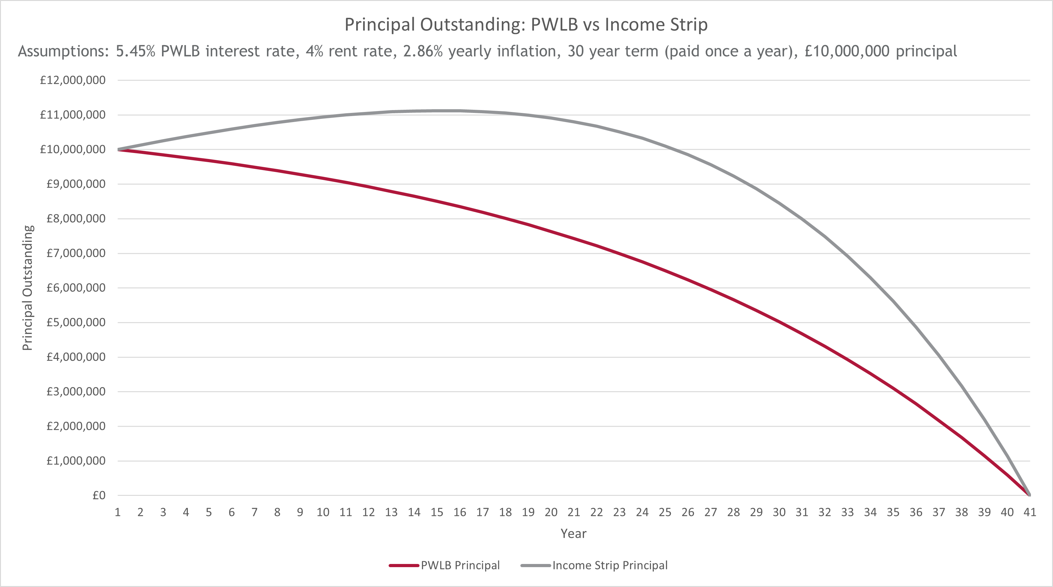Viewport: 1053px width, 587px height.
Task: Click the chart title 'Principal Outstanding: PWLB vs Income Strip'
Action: [526, 25]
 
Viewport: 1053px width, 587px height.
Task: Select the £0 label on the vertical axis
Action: [99, 496]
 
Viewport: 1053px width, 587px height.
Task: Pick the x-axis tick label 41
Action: [1030, 512]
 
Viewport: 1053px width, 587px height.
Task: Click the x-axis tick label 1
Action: [118, 512]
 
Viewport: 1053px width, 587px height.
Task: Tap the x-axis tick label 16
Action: [460, 512]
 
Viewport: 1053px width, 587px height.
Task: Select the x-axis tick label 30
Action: [779, 512]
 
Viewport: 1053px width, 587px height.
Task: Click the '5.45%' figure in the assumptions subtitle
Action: [135, 51]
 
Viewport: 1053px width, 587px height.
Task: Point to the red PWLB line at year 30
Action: [779, 322]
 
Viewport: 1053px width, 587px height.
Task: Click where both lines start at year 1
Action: [118, 149]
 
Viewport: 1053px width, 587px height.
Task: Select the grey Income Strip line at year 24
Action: [642, 138]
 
